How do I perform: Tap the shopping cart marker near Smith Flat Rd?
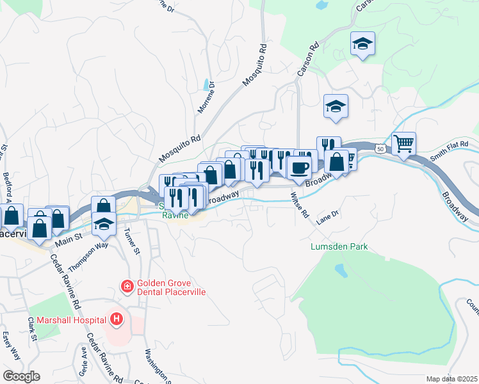(x=403, y=144)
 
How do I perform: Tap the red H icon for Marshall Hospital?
(x=116, y=318)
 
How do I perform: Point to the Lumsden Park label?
(x=339, y=246)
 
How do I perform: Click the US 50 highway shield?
(x=380, y=148)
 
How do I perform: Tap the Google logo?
(x=20, y=376)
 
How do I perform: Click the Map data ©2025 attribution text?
(x=451, y=379)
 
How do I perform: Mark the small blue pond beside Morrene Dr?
(x=205, y=84)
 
